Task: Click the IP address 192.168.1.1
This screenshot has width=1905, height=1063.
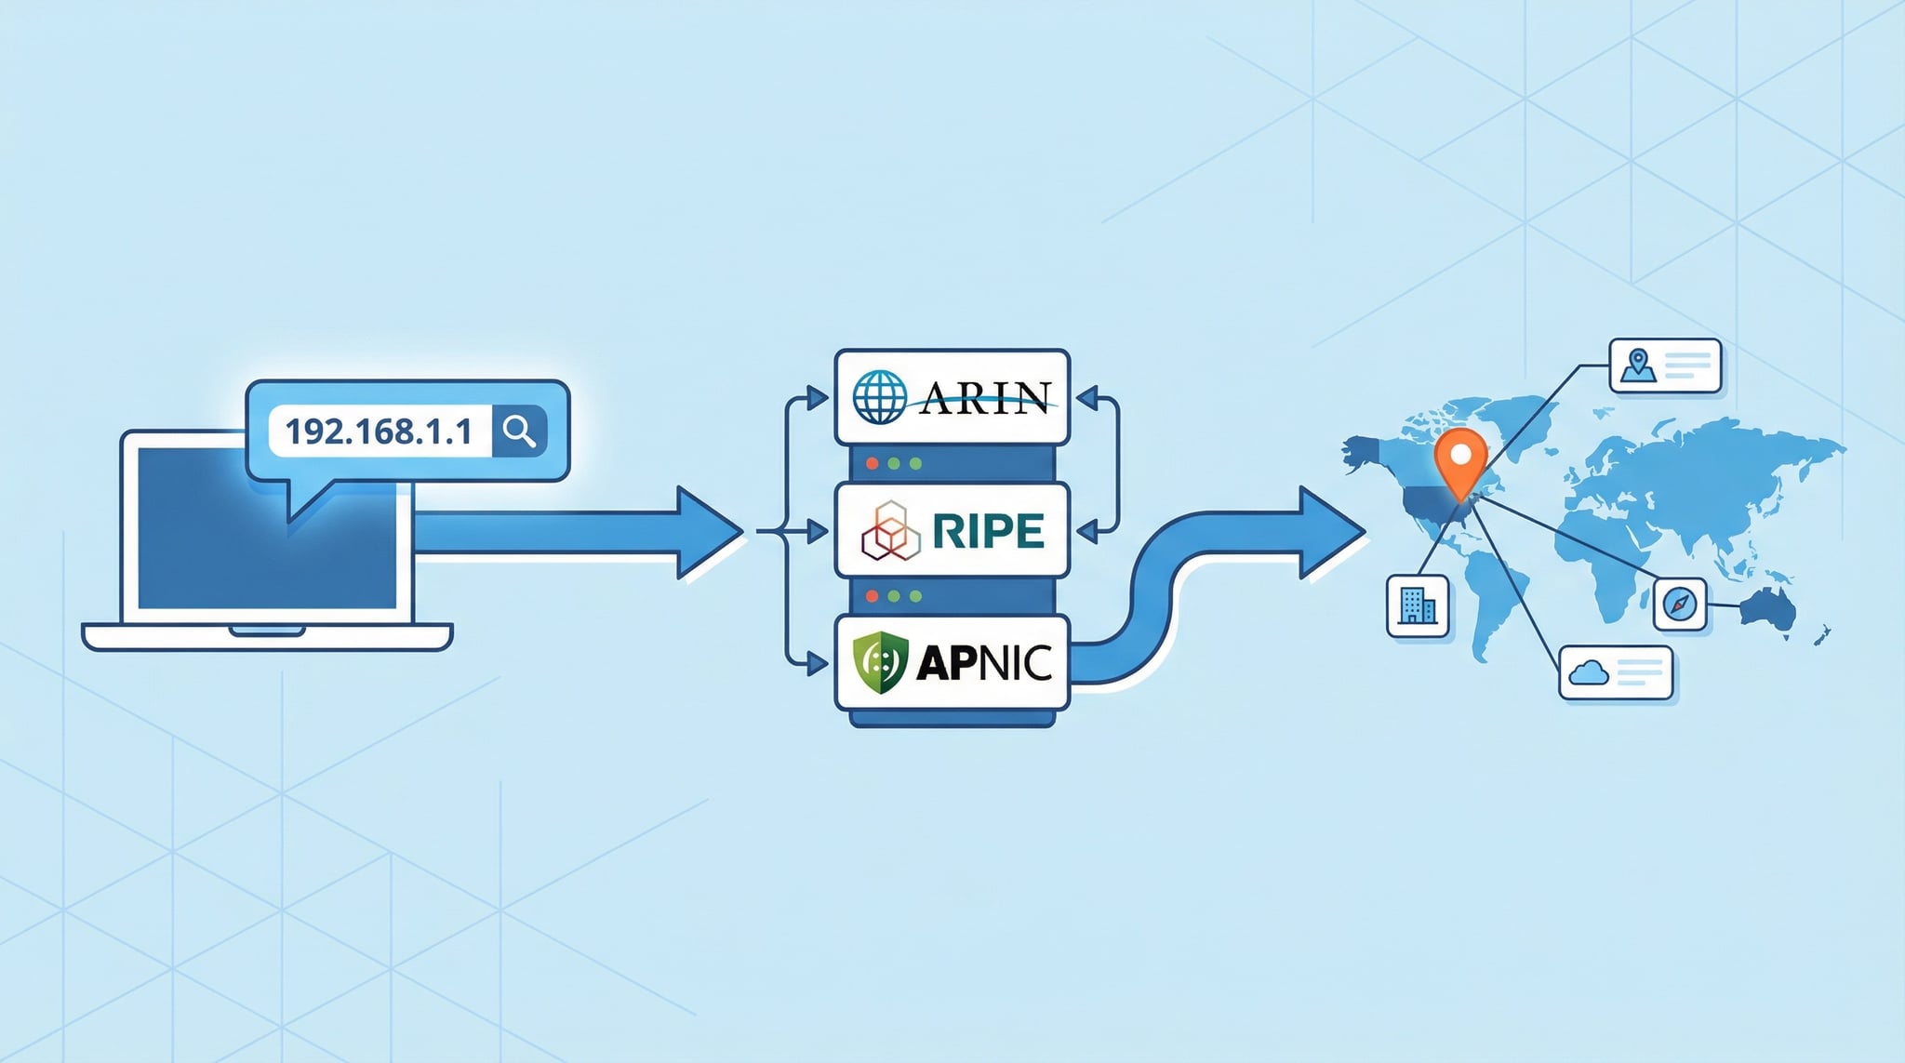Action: (379, 432)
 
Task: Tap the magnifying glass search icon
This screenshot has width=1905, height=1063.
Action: (519, 432)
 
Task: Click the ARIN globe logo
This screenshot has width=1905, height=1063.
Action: (879, 397)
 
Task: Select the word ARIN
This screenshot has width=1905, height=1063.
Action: (984, 398)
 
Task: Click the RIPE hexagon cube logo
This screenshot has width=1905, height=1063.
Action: (890, 531)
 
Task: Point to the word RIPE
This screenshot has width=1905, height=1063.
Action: (988, 531)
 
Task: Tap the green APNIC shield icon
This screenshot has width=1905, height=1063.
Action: (879, 662)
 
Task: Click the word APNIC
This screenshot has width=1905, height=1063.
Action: (984, 662)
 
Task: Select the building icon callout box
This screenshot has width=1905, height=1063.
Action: (1418, 606)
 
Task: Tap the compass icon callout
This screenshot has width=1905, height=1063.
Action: (1680, 605)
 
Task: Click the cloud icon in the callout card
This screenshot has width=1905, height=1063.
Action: (1588, 671)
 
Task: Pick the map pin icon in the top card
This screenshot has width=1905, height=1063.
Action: (1638, 365)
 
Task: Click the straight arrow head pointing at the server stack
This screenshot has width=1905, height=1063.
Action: (709, 532)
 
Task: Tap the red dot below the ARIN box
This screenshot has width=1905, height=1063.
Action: (872, 463)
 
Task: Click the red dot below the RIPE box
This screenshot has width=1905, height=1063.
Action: (872, 595)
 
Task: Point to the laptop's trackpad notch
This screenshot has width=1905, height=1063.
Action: (267, 631)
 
